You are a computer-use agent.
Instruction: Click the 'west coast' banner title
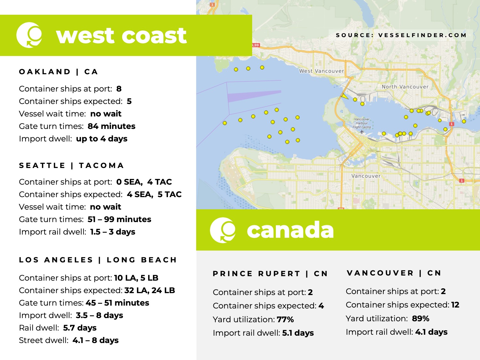click(x=121, y=36)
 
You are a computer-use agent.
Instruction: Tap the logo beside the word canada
click(x=223, y=230)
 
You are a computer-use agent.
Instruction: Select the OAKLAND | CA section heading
click(x=59, y=72)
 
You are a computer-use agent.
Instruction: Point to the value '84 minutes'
click(x=111, y=126)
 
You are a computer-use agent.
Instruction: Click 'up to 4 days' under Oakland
click(x=102, y=139)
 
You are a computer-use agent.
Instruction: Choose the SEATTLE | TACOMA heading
click(x=71, y=165)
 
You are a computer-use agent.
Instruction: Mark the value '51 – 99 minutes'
click(x=119, y=219)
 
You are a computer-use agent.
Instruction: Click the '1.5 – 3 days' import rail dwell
click(x=113, y=232)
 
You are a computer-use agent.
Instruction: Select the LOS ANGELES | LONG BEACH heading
click(x=98, y=260)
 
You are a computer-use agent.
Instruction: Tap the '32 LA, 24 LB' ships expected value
click(x=150, y=290)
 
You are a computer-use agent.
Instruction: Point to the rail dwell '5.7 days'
click(x=80, y=328)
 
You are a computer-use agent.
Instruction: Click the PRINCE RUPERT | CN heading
click(x=270, y=274)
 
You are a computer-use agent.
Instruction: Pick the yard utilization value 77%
click(x=285, y=319)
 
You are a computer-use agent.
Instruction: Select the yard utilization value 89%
click(x=420, y=318)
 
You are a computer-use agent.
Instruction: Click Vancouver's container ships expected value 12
click(x=455, y=305)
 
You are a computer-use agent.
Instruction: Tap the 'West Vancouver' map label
click(x=321, y=71)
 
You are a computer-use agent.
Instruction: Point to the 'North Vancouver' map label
click(x=405, y=87)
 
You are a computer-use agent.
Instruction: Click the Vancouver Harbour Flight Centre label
click(x=362, y=123)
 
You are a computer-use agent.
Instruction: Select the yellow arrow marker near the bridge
click(x=344, y=96)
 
